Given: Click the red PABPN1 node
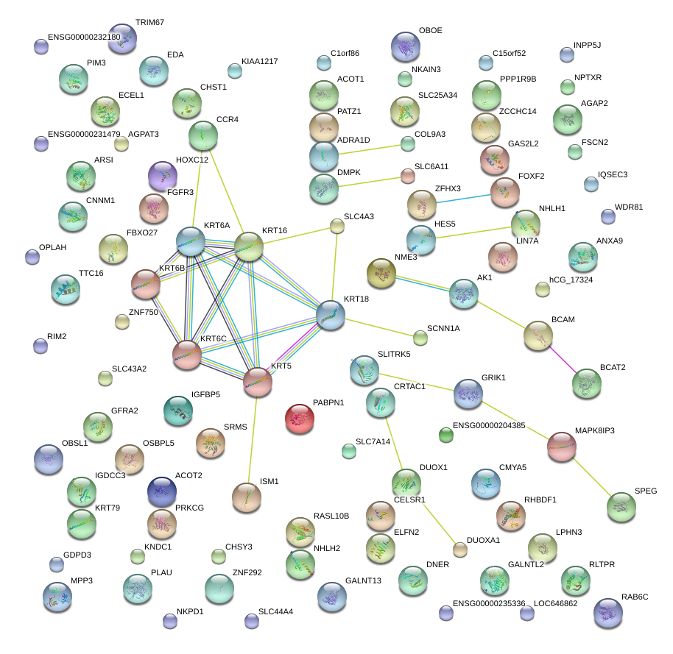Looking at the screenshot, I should tap(299, 418).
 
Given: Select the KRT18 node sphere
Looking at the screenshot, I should tap(330, 315).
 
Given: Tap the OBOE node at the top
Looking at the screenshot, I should tap(405, 47).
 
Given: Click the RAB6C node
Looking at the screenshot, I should tap(607, 612).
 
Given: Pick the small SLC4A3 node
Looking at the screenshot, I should tap(336, 227).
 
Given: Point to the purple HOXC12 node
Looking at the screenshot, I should tap(163, 176).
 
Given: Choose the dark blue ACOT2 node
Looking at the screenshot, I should tap(162, 491).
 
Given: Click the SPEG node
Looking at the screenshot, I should tap(621, 506).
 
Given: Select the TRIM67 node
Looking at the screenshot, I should tap(122, 38).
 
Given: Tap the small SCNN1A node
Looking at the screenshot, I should tap(420, 338).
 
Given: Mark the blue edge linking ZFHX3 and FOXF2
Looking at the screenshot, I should tap(464, 197).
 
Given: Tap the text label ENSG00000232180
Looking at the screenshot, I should tap(83, 36).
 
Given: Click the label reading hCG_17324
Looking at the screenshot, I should tap(571, 280).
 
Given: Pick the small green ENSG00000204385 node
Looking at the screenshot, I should tap(445, 435).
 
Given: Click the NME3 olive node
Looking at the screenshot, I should tap(381, 273).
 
